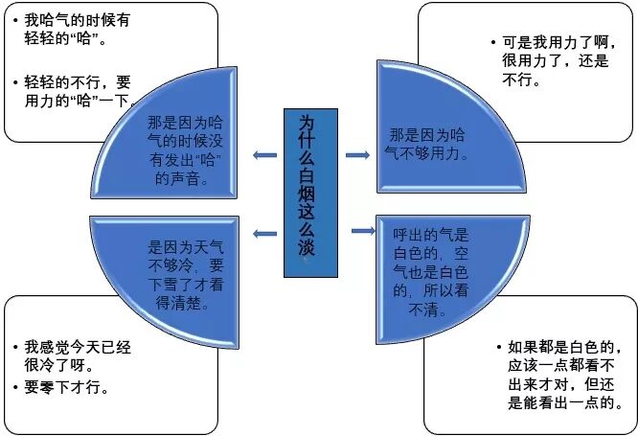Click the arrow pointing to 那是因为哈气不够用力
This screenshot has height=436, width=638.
click(357, 155)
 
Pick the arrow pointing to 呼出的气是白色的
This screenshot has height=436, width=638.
click(363, 231)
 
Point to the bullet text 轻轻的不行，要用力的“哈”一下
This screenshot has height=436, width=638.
click(77, 90)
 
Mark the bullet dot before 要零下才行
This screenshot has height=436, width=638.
click(15, 387)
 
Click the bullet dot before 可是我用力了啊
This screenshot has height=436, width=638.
click(491, 43)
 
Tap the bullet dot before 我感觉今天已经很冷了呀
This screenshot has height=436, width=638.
click(15, 347)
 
